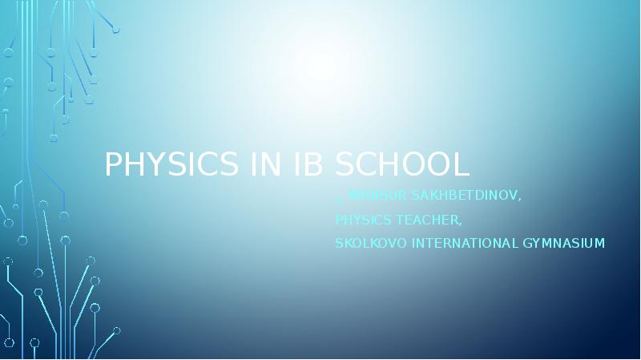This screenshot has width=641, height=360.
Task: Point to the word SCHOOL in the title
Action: (401, 164)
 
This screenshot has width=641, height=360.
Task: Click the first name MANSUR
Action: (375, 195)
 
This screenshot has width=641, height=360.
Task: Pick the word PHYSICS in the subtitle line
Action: (361, 219)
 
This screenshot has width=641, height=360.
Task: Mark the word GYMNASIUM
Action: (565, 243)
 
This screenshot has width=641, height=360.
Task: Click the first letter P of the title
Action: (113, 164)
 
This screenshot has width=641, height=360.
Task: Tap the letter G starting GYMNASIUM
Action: (530, 243)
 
